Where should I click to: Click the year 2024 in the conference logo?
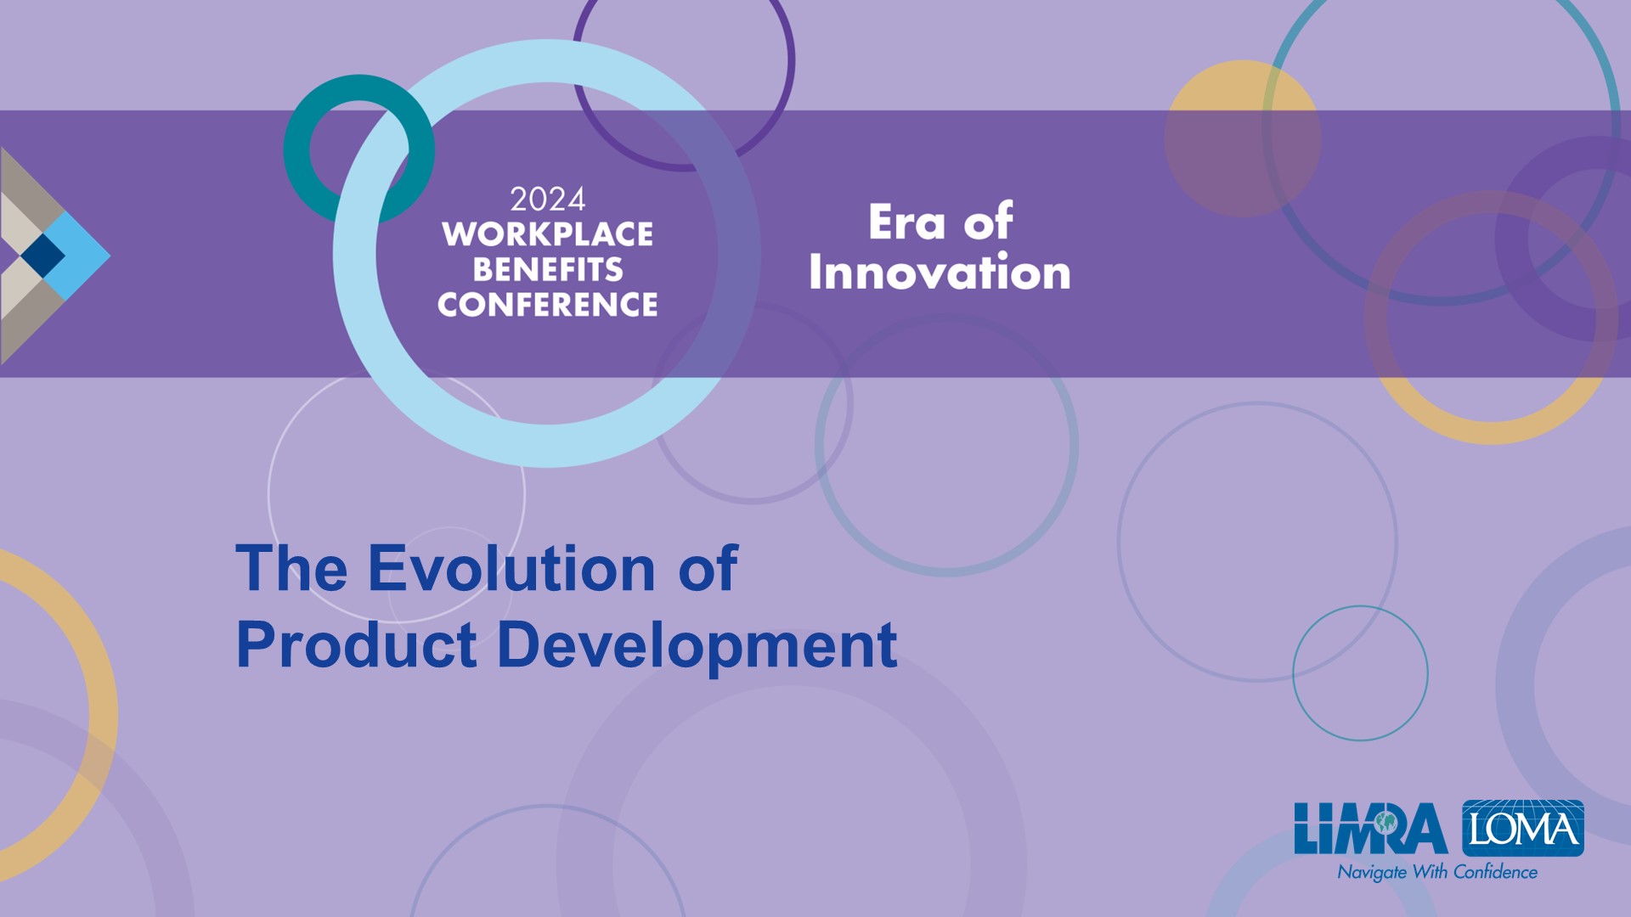[547, 200]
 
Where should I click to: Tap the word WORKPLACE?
[547, 234]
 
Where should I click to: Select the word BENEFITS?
[548, 269]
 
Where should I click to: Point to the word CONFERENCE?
[548, 304]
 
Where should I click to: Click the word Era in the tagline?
[906, 222]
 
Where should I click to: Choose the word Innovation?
[940, 273]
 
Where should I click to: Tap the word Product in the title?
[356, 644]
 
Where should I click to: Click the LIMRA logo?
[1371, 829]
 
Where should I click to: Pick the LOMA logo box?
[1523, 828]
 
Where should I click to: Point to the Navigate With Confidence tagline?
[1437, 872]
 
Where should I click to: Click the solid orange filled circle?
[1243, 138]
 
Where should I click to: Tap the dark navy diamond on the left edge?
[42, 255]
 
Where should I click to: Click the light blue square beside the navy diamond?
[77, 255]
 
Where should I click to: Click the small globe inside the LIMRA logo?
[1386, 822]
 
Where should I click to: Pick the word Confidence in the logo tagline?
[1495, 871]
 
